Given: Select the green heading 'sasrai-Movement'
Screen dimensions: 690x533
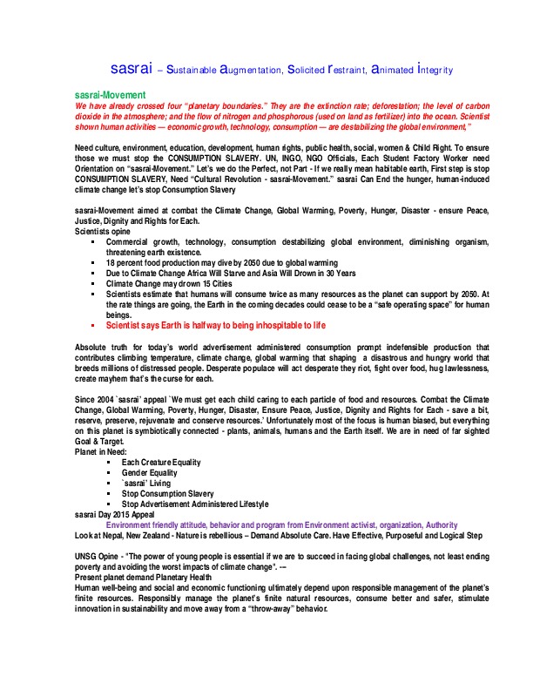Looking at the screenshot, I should tap(109, 94).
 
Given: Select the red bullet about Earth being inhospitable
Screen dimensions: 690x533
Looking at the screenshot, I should tap(215, 325).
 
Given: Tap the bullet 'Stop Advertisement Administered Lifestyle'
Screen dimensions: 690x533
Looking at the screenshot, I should tap(195, 504).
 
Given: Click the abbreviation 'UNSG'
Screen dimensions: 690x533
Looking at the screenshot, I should tap(89, 557).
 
